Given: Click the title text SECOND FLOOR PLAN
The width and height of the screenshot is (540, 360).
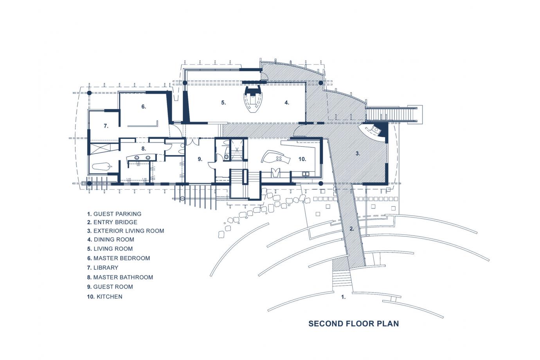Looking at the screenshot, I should point(353,324).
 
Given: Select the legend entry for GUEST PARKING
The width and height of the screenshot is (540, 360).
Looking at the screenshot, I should point(114,214).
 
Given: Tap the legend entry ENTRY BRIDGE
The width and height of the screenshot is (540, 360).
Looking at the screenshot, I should point(112,222).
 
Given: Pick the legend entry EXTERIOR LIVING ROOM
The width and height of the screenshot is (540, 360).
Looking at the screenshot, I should point(125,231).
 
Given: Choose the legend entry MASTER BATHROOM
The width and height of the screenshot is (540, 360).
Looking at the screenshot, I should point(120,277).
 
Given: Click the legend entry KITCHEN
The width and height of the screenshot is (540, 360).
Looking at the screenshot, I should point(104,297).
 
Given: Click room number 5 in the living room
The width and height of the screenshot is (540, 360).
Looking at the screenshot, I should point(223,103).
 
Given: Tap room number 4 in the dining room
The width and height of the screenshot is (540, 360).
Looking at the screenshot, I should point(287,103).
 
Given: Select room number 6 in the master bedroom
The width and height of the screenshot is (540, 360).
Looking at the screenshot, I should point(143,106).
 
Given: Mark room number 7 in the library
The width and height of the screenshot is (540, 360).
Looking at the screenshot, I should point(106,126).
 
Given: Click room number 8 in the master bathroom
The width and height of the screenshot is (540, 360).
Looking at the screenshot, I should point(144,149).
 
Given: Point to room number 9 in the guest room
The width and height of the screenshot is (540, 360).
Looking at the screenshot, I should point(200,159).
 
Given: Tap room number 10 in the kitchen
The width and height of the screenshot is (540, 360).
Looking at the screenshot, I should point(302,159).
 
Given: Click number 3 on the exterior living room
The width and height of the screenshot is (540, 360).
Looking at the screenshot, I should point(357,153).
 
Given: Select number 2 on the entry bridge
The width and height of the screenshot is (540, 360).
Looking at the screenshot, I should point(351,229).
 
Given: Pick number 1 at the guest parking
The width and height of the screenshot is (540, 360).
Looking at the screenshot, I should point(343,297).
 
